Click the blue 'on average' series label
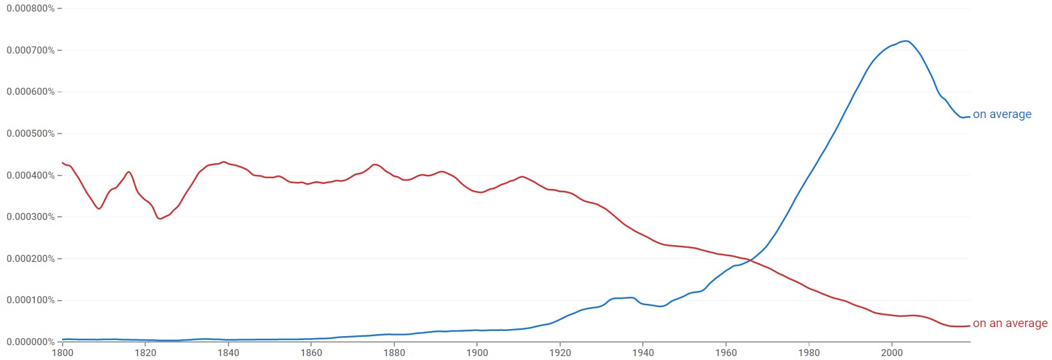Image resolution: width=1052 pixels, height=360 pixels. coord(1002,115)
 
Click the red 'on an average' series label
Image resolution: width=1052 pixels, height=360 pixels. coord(1009,323)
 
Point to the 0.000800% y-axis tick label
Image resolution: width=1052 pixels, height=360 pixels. coord(30,8)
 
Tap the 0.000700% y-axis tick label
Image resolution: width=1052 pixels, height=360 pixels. coord(30,50)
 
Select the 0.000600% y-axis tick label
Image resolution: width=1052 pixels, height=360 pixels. coord(30,92)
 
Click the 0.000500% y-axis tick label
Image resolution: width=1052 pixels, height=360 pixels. coord(30,134)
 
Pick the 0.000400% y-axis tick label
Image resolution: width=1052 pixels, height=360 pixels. coord(30,175)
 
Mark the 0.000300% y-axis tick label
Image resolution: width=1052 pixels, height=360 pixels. coord(30,217)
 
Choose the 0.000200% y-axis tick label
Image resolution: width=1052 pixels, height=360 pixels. coord(30,259)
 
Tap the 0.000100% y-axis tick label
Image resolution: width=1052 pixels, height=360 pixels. coord(30,301)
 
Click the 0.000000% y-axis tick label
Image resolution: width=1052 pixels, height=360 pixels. coord(30,342)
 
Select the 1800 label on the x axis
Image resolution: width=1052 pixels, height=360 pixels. coord(63,353)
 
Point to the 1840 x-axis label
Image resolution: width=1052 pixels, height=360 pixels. coord(228,353)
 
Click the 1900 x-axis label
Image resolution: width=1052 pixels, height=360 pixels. coord(477,353)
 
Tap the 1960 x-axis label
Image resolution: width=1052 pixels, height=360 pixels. coord(726,353)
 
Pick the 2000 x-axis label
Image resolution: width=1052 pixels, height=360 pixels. coord(892,353)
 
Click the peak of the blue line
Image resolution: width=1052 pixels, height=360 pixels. coord(906,41)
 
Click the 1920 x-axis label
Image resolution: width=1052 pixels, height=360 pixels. coord(560,353)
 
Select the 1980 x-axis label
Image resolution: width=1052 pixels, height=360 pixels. coord(809,353)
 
